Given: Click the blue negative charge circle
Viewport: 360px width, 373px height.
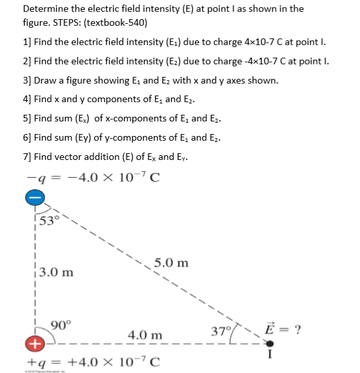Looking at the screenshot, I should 36,197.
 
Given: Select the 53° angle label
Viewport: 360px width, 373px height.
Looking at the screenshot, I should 49,221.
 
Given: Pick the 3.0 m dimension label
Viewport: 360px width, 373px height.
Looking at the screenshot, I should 56,272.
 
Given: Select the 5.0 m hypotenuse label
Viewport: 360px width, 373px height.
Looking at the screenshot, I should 170,263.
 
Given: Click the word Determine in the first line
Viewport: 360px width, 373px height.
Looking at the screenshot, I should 46,9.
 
